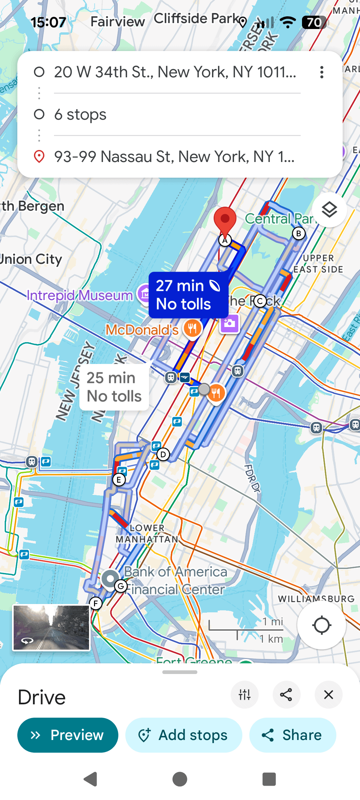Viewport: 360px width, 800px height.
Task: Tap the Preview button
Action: pyautogui.click(x=68, y=735)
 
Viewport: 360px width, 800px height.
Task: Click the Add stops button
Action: pyautogui.click(x=184, y=735)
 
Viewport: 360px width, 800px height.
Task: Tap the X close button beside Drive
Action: pyautogui.click(x=328, y=695)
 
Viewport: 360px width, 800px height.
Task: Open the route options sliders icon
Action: pyautogui.click(x=244, y=695)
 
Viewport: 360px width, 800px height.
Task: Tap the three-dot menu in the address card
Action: pyautogui.click(x=322, y=72)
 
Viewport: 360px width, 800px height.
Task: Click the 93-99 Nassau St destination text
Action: pyautogui.click(x=174, y=157)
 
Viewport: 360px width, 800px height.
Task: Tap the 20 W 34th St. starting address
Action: pyautogui.click(x=175, y=72)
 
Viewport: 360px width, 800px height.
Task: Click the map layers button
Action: pyautogui.click(x=329, y=210)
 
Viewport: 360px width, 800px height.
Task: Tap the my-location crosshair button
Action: pyautogui.click(x=321, y=625)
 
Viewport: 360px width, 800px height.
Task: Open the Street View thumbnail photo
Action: pyautogui.click(x=51, y=628)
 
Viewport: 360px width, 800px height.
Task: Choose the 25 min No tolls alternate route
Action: pyautogui.click(x=114, y=387)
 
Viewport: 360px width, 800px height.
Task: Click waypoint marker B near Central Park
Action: pyautogui.click(x=299, y=234)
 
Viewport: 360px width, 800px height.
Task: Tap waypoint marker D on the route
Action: pyautogui.click(x=163, y=454)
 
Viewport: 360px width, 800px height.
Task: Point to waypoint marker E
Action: pyautogui.click(x=119, y=480)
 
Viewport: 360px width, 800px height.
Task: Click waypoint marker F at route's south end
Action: pyautogui.click(x=96, y=603)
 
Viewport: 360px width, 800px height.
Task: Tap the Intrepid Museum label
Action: pyautogui.click(x=80, y=295)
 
